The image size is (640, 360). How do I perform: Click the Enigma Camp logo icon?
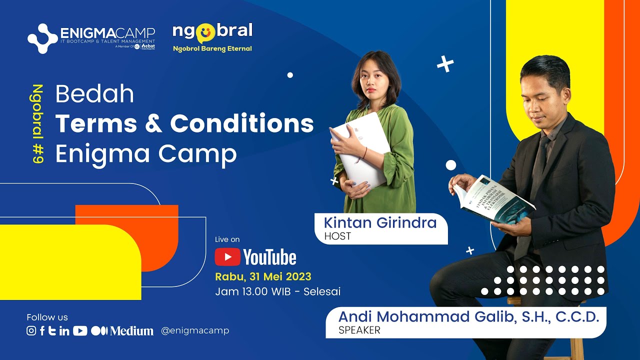[43, 38]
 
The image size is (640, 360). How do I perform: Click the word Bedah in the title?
[94, 94]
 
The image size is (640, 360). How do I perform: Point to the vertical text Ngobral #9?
[37, 124]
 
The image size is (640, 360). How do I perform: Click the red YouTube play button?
[227, 257]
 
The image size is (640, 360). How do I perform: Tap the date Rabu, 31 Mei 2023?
[263, 276]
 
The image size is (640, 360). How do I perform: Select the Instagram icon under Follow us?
[31, 330]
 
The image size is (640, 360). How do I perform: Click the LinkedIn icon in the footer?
[64, 330]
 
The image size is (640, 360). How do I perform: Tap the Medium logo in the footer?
[122, 330]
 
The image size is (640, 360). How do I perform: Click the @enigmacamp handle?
[195, 330]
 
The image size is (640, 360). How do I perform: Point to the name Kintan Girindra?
[380, 223]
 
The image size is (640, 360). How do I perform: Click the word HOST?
[337, 236]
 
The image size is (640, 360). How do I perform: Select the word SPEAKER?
[359, 330]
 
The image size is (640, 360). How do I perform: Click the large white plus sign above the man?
[445, 64]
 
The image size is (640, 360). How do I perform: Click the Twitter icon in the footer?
[52, 330]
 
